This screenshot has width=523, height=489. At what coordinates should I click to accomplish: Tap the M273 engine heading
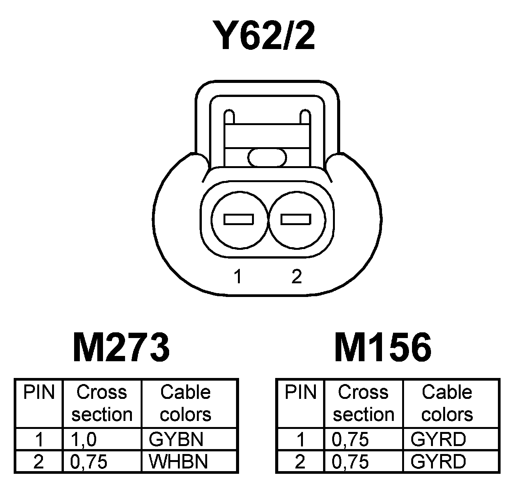coord(121,347)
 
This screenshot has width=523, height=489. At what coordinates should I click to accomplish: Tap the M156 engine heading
coord(383,347)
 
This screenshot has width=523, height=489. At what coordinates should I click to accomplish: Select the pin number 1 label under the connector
coord(238,276)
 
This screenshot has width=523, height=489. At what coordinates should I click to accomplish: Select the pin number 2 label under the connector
coord(296,276)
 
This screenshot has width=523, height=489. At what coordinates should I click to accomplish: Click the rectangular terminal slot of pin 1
coord(239,219)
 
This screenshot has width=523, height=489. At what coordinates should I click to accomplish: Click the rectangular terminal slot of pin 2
coord(296,219)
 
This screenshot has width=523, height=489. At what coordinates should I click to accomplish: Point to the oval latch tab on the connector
coord(267,157)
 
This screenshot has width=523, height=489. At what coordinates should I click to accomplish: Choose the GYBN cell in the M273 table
coord(176,440)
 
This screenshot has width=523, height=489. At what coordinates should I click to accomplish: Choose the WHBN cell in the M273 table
coord(178,462)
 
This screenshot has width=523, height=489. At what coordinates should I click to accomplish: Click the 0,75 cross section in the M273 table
coord(89,462)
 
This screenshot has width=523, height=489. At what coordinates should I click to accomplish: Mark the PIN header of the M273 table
coord(39,392)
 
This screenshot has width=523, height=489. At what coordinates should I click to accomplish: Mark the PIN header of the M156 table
coord(300,392)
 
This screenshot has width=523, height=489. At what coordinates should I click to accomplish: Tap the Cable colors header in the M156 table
coord(447,403)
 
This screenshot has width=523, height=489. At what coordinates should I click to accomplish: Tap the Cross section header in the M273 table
coord(102,403)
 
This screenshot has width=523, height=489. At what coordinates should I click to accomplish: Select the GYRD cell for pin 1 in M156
coord(438,440)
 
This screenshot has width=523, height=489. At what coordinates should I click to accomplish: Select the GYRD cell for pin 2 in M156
coord(438,462)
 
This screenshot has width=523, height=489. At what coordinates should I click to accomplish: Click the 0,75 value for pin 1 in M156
coord(350,440)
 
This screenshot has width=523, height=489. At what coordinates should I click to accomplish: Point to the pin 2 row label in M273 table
coord(39,462)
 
